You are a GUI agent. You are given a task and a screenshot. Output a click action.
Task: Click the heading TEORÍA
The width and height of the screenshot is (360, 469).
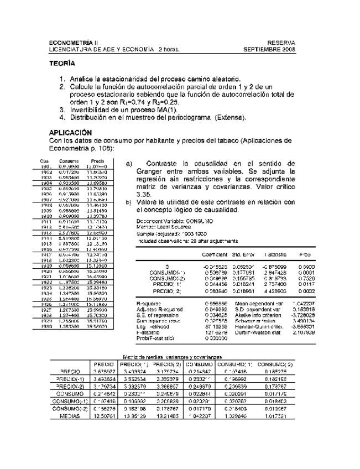[x=62, y=64]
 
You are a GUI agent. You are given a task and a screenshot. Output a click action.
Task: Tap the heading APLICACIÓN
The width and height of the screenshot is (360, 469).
[x=71, y=133]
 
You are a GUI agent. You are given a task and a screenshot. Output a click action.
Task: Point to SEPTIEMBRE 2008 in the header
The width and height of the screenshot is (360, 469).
[x=269, y=49]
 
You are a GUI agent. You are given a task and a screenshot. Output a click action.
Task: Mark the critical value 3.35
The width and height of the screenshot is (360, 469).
[x=145, y=195]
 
